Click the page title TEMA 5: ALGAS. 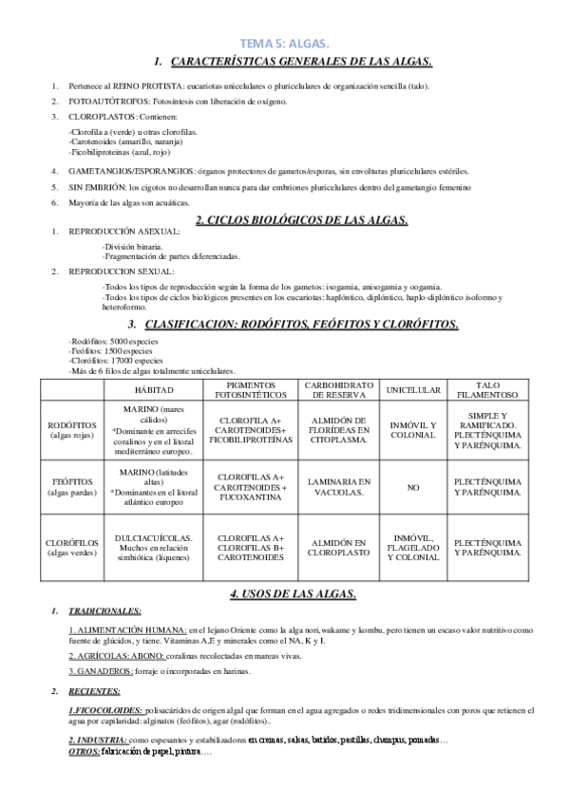284,44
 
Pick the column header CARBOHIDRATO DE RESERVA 338,390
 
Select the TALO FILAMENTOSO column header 487,390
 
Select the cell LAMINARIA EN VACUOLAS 338,487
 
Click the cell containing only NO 413,487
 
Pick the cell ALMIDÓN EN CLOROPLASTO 338,546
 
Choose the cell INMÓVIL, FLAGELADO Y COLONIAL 413,546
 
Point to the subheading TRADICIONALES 105,610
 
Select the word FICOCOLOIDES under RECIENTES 107,709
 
